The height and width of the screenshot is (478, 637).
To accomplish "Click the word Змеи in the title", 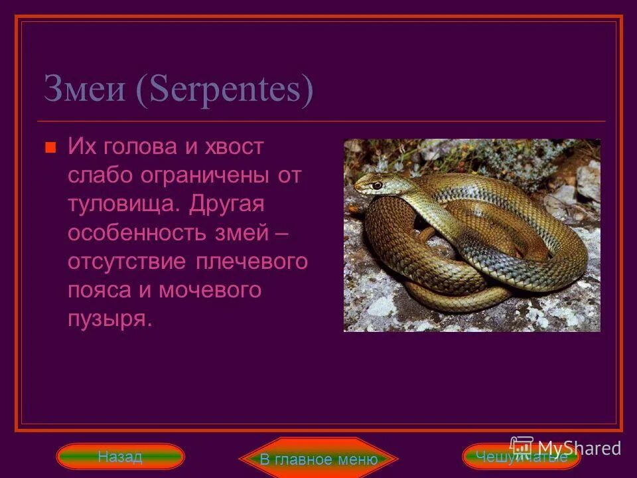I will (x=85, y=90).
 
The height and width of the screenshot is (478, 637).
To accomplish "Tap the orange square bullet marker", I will (x=49, y=148).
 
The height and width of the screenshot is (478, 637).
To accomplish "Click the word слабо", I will (x=100, y=176).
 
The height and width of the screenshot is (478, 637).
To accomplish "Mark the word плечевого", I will (x=252, y=262).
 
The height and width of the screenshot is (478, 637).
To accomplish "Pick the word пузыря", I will (x=109, y=319).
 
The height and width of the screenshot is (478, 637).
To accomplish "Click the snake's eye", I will (x=376, y=185).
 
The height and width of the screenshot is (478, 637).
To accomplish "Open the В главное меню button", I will (x=318, y=459).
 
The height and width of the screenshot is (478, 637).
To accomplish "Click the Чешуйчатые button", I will (x=521, y=457).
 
